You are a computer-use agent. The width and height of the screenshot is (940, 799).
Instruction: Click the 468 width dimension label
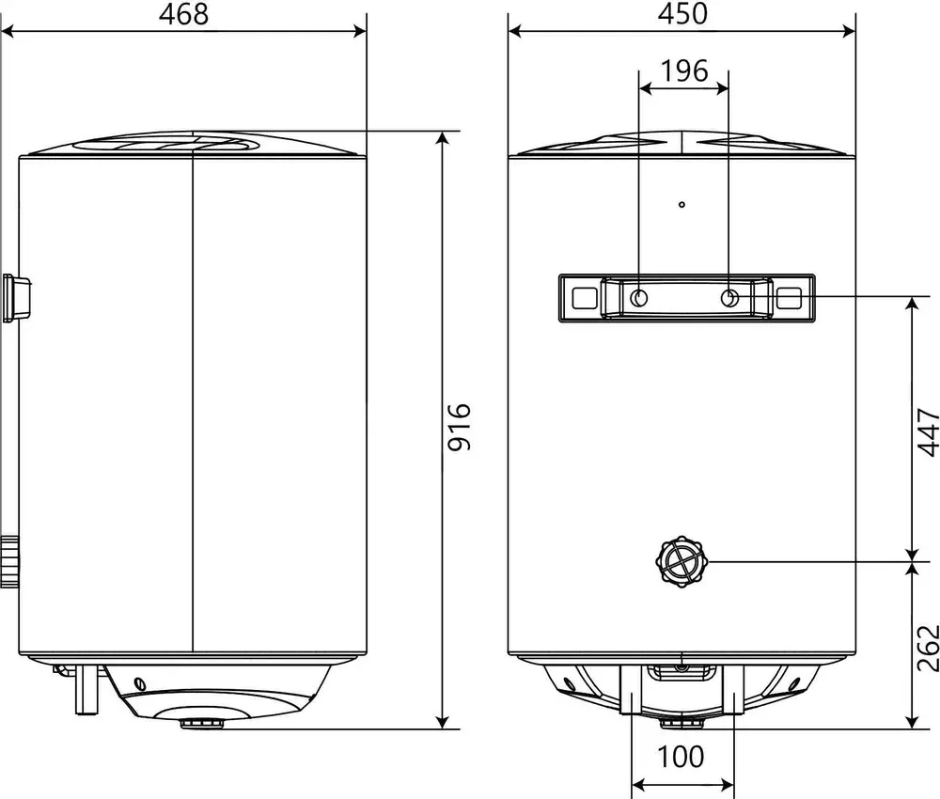point(183,14)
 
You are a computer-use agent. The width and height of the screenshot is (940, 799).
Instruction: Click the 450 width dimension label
point(682,14)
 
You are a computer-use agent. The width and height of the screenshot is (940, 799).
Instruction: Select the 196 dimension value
point(684,70)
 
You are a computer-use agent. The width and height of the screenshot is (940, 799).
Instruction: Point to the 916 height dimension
point(460,427)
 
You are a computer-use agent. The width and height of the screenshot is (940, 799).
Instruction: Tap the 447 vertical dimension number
point(928,432)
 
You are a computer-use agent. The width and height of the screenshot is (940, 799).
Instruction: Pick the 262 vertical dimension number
point(928,648)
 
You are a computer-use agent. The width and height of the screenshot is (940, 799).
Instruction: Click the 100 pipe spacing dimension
point(681,757)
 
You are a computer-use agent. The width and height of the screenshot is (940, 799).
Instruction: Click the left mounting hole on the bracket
point(639,297)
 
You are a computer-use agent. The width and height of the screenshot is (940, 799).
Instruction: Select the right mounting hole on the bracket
point(729,297)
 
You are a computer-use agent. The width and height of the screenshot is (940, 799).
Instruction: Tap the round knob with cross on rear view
point(681,561)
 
